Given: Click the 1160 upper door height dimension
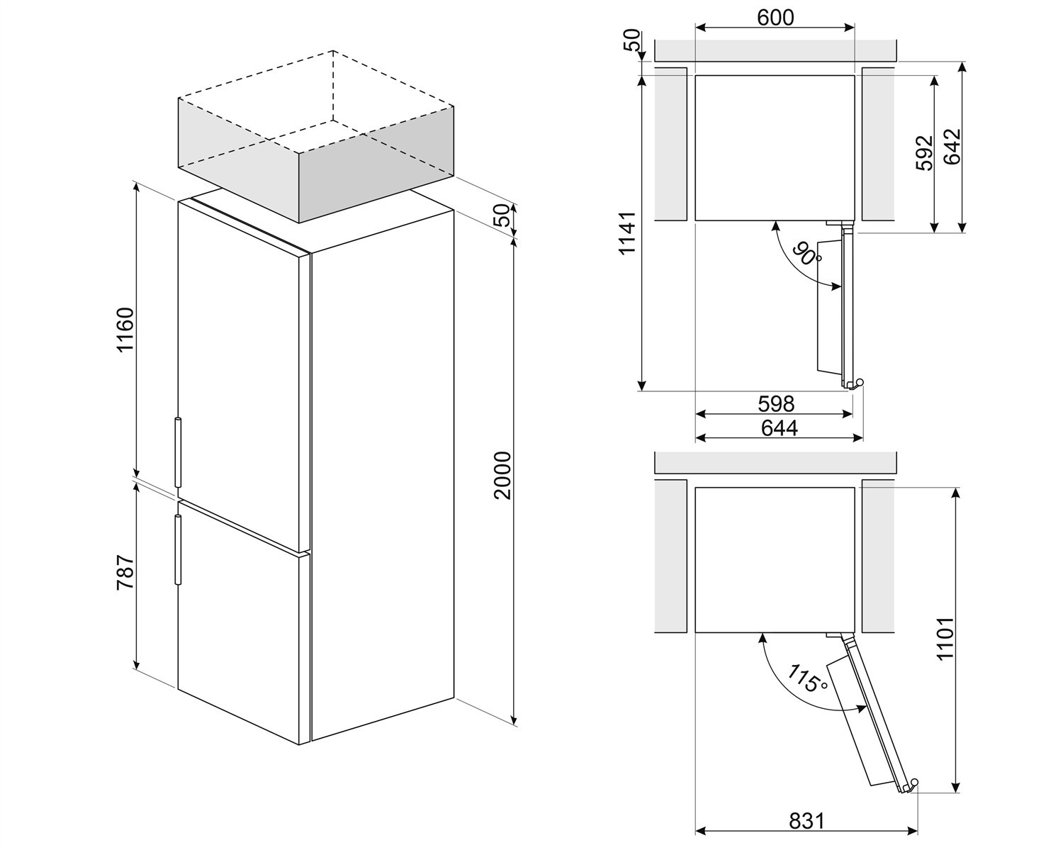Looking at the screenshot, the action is point(125,329).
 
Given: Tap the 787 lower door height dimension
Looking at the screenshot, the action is point(125,572).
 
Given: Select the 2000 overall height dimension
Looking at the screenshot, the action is point(503,476).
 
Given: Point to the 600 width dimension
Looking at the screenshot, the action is point(775,18).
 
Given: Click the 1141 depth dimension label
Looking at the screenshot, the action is point(627,233).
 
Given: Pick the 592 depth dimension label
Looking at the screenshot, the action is point(925,153).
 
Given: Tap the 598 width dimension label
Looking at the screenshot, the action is point(777,404).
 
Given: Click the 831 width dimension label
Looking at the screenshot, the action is point(807,822).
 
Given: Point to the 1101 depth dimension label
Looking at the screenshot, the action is point(945,638).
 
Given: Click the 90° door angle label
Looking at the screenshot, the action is point(807,254).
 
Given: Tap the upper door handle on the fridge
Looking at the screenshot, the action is point(178,453).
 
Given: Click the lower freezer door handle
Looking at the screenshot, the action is point(178,549).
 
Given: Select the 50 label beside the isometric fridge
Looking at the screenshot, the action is point(503,216).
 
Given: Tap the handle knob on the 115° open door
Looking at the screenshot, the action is point(913,795).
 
